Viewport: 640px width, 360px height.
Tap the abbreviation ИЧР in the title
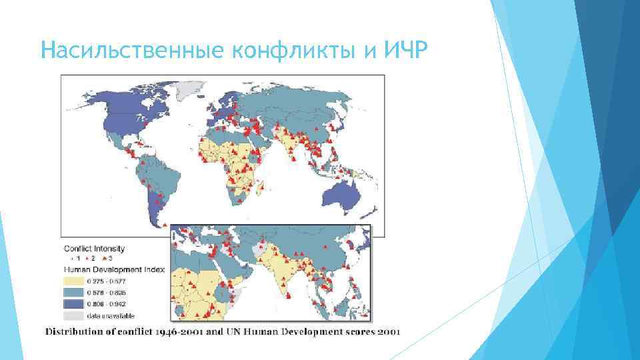tap(404, 51)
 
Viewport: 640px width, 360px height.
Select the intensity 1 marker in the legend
tap(70, 258)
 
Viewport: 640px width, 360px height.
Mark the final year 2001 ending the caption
tap(385, 332)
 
